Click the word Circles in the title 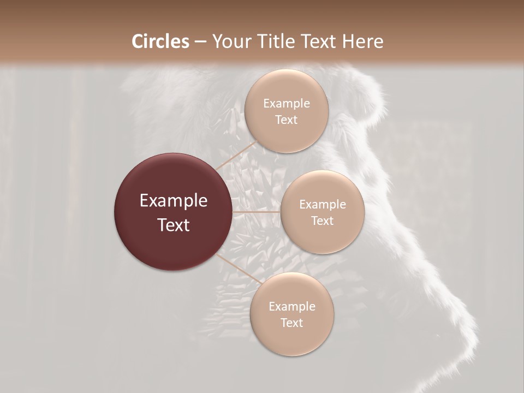(160, 41)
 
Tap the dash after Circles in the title (200, 42)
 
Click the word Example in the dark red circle (174, 201)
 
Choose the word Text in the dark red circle (174, 225)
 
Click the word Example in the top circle (286, 104)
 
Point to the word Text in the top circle (286, 120)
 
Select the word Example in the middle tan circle (322, 205)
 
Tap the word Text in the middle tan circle (322, 221)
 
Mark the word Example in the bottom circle (291, 307)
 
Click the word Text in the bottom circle (291, 323)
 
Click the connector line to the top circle (237, 156)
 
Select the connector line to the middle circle (257, 212)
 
